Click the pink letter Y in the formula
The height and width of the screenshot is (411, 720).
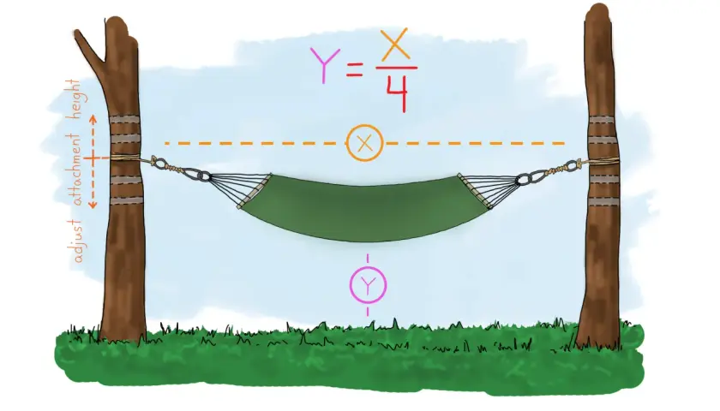(325, 66)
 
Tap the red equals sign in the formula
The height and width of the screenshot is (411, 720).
(355, 70)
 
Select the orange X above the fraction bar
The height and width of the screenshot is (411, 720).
(395, 45)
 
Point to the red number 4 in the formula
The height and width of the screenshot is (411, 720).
(396, 93)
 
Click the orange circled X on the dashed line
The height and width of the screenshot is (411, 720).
(364, 143)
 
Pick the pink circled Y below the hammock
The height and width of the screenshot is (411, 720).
(368, 285)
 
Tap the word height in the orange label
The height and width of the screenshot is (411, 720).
(74, 99)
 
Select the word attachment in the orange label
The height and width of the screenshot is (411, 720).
(74, 169)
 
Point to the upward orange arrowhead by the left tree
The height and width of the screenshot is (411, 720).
(93, 119)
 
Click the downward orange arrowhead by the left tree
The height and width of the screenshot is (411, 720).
(93, 204)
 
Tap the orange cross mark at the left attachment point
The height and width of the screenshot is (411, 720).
(93, 159)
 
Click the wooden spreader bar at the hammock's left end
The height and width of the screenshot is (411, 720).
(254, 191)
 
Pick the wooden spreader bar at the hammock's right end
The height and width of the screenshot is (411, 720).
(475, 191)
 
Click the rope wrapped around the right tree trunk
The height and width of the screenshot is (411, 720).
(603, 161)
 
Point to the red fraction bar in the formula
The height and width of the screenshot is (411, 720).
(396, 68)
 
